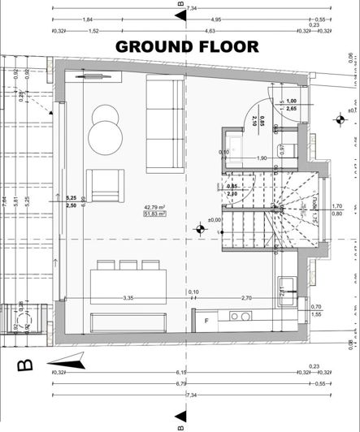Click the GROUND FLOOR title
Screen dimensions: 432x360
pyautogui.click(x=187, y=45)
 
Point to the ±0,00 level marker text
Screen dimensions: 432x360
pyautogui.click(x=215, y=242)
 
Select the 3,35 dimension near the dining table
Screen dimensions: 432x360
pyautogui.click(x=128, y=298)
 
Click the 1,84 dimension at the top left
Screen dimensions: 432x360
pyautogui.click(x=88, y=19)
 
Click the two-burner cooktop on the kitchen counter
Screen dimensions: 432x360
pyautogui.click(x=240, y=316)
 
